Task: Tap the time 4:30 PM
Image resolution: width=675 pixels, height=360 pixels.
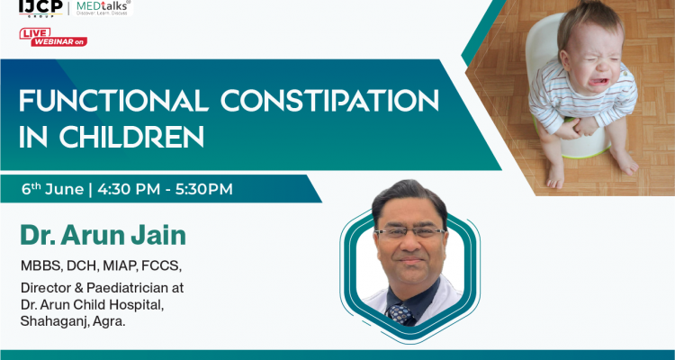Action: tap(128, 189)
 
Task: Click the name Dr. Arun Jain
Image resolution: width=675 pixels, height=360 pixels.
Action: tap(103, 236)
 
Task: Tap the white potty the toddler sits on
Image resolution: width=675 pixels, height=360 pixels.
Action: tap(577, 135)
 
